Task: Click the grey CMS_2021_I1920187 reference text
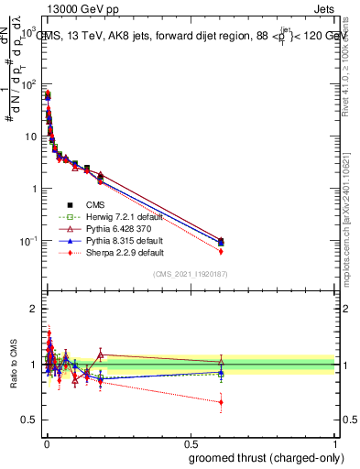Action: [x=191, y=274]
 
